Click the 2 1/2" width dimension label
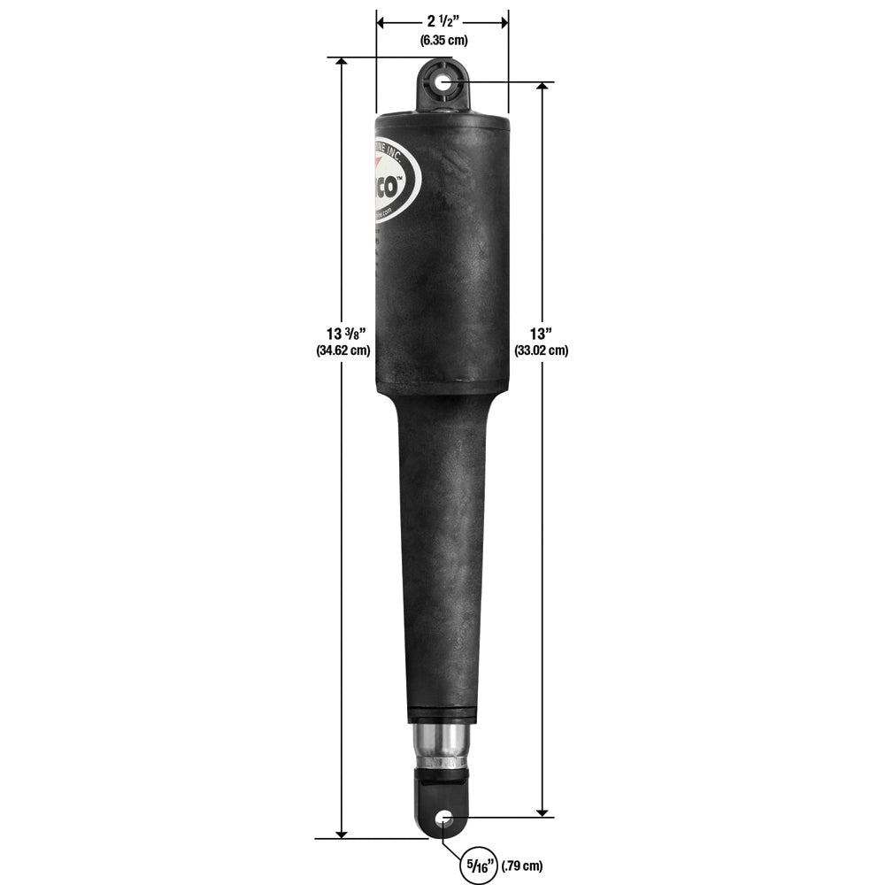(x=442, y=20)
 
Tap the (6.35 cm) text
(x=442, y=40)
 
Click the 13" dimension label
(x=542, y=334)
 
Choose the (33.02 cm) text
(x=542, y=350)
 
